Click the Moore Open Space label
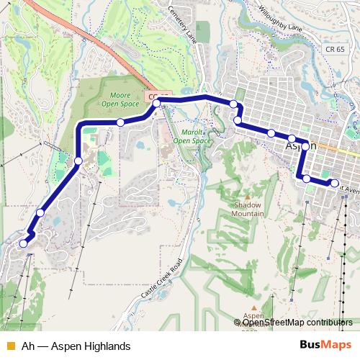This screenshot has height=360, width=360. click(120, 99)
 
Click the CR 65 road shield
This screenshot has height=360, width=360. click(334, 49)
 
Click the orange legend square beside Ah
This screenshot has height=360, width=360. click(10, 346)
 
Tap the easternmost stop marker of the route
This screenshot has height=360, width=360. click(334, 183)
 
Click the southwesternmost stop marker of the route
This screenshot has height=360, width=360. click(23, 243)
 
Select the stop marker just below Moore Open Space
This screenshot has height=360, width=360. click(120, 122)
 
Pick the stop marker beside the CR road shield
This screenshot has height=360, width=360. click(156, 104)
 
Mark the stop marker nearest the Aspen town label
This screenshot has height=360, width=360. click(305, 146)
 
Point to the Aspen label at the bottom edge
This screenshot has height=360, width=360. click(253, 316)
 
